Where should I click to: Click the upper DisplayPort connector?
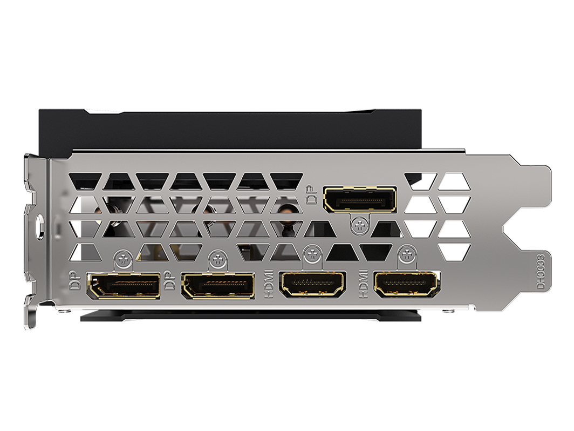coord(359,199)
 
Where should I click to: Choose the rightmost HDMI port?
coord(407,285)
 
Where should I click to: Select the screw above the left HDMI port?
coord(312,254)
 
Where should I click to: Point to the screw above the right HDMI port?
coord(407,254)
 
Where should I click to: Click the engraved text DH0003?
coord(541,271)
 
